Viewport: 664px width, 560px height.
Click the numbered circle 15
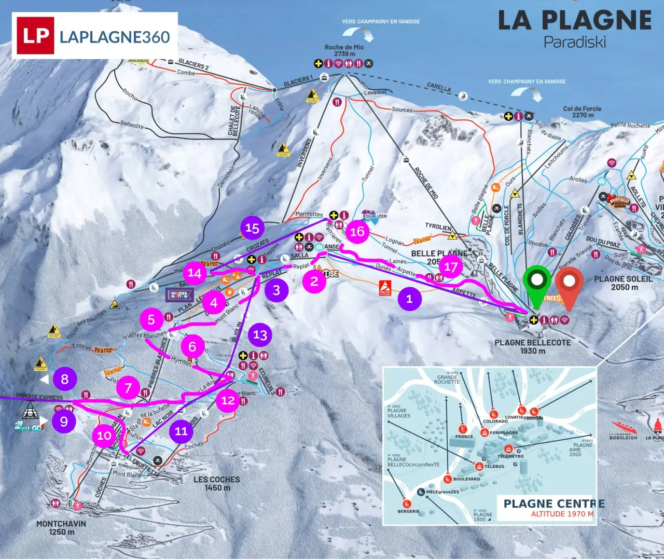coord(252,228)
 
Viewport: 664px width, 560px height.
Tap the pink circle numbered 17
coord(451,267)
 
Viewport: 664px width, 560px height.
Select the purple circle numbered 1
coord(410,299)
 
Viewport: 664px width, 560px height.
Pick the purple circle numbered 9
coord(64,421)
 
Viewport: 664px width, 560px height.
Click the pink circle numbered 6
coord(192,346)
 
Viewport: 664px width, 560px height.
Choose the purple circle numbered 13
coord(260,335)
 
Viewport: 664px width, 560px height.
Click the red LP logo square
coord(35,35)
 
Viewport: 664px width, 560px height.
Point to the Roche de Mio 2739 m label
coord(344,50)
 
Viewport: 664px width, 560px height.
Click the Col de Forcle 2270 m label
coord(582,112)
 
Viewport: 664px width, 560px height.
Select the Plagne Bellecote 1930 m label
coord(533,346)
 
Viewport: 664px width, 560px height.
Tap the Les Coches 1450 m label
coord(216,483)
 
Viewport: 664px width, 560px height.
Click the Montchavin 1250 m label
coord(61,527)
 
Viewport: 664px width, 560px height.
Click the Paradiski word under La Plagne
coord(574,42)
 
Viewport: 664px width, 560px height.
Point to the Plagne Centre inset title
coord(554,503)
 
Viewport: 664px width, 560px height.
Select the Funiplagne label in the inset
coord(504,432)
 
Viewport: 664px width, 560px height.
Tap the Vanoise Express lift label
coord(39,397)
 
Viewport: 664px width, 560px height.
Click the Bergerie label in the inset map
coord(408,511)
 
